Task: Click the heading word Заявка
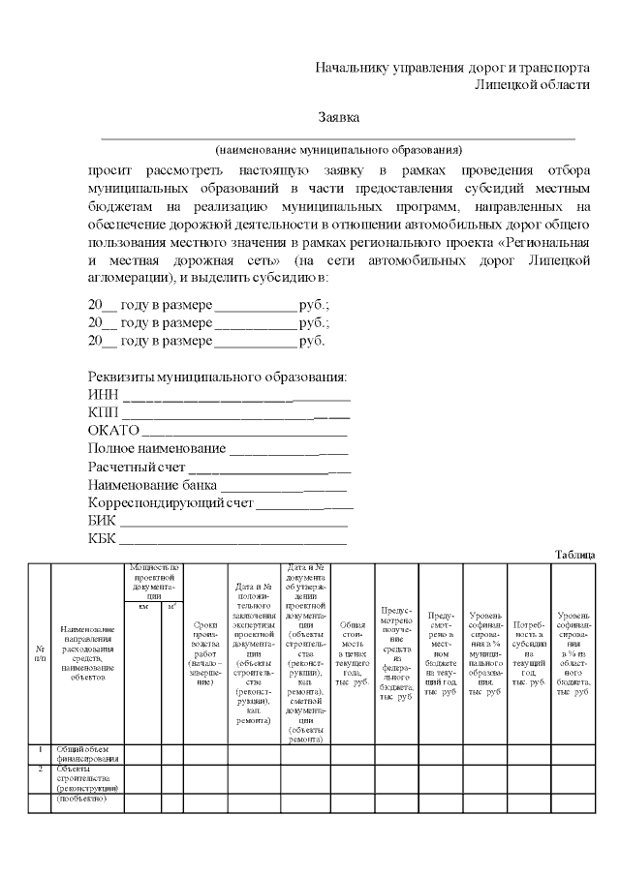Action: coord(339,117)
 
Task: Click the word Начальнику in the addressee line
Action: coord(352,69)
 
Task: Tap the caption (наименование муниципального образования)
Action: coord(339,150)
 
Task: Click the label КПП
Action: coord(103,412)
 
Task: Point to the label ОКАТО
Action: coord(113,431)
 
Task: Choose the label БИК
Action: coord(102,521)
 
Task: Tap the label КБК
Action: coord(102,539)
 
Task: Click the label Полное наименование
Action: coord(156,449)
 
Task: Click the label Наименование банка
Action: coord(152,485)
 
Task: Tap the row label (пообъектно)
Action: coord(81,800)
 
